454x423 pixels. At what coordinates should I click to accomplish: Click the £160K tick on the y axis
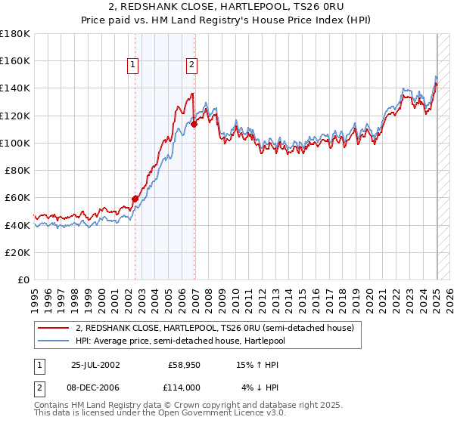tap(16, 60)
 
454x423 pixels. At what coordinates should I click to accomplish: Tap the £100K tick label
tap(16, 143)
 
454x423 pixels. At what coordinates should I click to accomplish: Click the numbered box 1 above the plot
tap(133, 65)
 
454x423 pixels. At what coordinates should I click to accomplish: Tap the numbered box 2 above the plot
tap(192, 65)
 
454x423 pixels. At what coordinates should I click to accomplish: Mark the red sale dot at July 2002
tap(135, 199)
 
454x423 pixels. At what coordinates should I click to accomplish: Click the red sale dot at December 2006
tap(194, 124)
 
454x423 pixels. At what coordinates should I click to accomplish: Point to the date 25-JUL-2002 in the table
tap(95, 364)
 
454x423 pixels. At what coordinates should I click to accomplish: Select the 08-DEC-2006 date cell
tap(96, 387)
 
